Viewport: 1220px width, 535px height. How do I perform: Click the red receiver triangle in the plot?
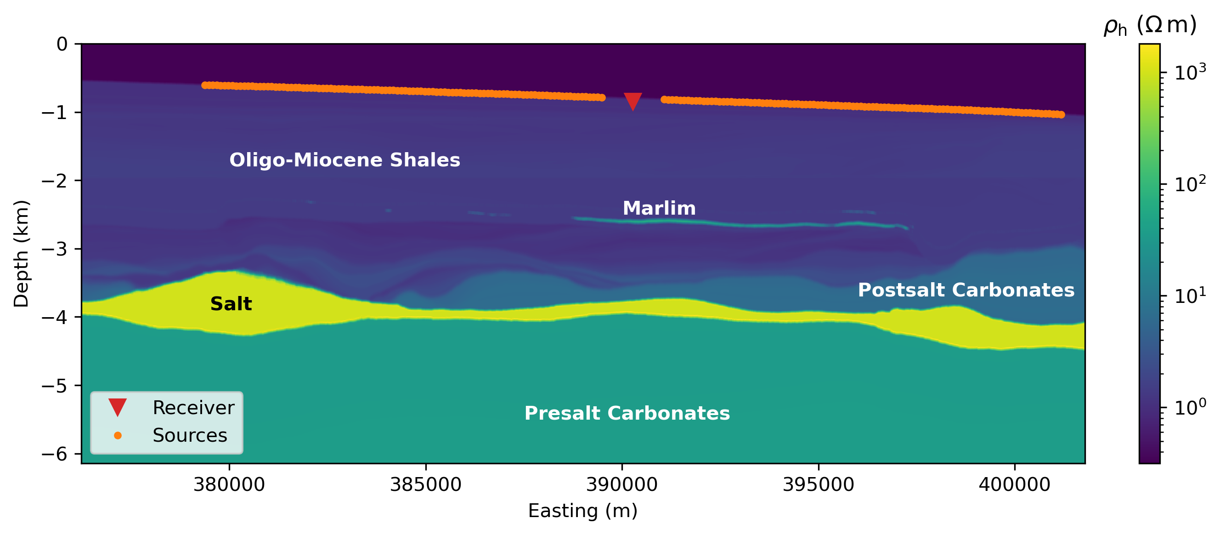click(x=633, y=100)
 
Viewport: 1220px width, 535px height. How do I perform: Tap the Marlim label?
click(x=659, y=209)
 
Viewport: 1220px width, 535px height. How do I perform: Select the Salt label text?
click(x=231, y=304)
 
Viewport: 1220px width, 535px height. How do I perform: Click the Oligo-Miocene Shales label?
click(x=345, y=160)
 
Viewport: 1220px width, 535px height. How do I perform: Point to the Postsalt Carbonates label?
click(x=966, y=290)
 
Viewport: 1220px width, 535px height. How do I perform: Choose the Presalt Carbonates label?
click(x=627, y=413)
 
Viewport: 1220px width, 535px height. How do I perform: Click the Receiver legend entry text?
click(x=193, y=408)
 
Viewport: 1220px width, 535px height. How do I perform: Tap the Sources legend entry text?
click(x=189, y=435)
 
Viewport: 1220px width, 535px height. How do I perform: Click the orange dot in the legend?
click(x=118, y=435)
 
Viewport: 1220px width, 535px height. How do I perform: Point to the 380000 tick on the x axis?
click(x=229, y=484)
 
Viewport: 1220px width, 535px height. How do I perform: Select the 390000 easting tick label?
click(x=621, y=484)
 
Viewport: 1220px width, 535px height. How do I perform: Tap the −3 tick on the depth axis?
click(x=55, y=249)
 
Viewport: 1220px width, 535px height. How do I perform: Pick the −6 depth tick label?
click(x=55, y=454)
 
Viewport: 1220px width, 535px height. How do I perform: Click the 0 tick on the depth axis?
click(x=62, y=45)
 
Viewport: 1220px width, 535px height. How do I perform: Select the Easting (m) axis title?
click(x=582, y=511)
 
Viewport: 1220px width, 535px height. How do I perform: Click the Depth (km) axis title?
click(x=21, y=254)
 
